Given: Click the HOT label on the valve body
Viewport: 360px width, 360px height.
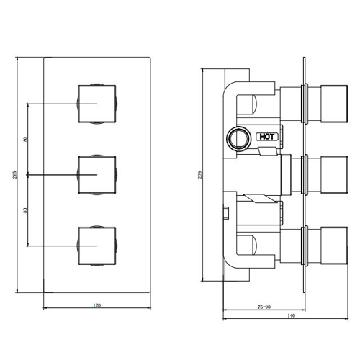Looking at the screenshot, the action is (x=267, y=137).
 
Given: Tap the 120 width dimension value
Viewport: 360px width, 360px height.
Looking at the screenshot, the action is (x=96, y=305).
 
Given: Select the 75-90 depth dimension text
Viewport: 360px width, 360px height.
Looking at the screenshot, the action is (x=264, y=307).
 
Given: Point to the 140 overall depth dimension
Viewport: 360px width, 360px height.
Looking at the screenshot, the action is (x=291, y=315).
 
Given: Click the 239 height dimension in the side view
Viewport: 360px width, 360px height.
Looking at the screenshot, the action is (x=201, y=174).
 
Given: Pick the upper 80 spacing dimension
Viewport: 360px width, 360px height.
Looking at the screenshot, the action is (x=25, y=139).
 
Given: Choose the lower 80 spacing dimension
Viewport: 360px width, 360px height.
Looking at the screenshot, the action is (x=25, y=210).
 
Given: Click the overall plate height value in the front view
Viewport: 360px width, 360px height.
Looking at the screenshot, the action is (x=14, y=175).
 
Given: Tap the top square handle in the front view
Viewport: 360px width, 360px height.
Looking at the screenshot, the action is (x=97, y=104).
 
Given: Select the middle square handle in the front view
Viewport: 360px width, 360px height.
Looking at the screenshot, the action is (x=97, y=175).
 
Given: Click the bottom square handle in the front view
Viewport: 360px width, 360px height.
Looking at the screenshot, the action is (x=97, y=246).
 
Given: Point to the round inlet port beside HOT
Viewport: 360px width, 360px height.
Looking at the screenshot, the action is (x=239, y=139).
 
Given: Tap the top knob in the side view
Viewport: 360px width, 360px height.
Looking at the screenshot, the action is (x=334, y=104).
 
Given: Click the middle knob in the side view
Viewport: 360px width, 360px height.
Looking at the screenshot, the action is (x=334, y=175).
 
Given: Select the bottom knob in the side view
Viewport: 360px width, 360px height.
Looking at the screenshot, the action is (x=334, y=246).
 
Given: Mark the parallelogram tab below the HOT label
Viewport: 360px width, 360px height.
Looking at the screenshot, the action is (x=268, y=151).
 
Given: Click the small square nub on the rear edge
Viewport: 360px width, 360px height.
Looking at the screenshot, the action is (x=226, y=212).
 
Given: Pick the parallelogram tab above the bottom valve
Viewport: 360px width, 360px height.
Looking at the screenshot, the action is (x=261, y=199).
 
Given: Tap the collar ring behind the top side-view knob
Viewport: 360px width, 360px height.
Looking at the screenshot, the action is (x=305, y=104).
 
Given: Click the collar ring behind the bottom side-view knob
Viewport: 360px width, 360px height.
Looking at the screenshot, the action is (x=305, y=246).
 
